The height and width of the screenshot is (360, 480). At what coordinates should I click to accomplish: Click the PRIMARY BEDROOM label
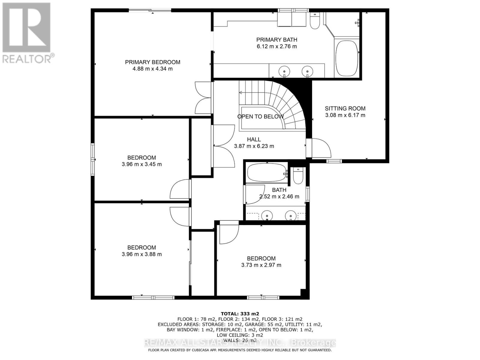pyautogui.click(x=152, y=62)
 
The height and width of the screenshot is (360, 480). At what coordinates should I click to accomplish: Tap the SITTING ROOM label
pyautogui.click(x=345, y=108)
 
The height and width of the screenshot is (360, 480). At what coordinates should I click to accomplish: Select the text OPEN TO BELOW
pyautogui.click(x=260, y=117)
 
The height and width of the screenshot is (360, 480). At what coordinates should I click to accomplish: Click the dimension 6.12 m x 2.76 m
pyautogui.click(x=277, y=46)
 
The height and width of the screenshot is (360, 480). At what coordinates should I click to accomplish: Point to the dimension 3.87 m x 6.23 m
pyautogui.click(x=254, y=146)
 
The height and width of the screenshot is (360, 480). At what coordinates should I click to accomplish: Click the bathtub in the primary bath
pyautogui.click(x=347, y=58)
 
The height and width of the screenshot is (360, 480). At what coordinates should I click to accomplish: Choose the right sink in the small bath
pyautogui.click(x=290, y=215)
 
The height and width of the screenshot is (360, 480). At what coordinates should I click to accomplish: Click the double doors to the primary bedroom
pyautogui.click(x=203, y=98)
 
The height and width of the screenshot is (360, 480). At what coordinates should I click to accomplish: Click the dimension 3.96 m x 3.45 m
pyautogui.click(x=142, y=164)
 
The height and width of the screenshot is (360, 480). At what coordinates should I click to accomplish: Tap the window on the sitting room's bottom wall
pyautogui.click(x=334, y=161)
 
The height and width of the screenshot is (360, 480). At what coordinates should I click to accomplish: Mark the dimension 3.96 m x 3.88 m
pyautogui.click(x=142, y=254)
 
